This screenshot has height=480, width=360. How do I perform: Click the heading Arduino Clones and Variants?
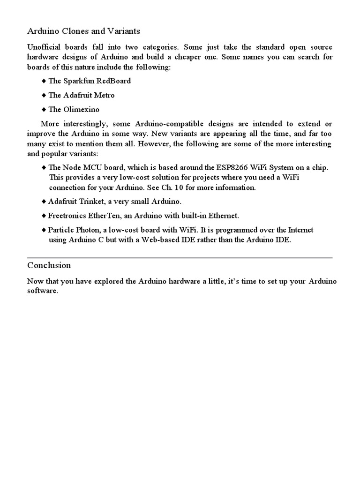[83, 31]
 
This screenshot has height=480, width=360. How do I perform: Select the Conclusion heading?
[49, 265]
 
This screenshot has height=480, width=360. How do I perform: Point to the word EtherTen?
[106, 216]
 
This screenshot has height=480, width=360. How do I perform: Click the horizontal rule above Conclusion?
[180, 257]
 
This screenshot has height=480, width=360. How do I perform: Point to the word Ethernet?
[223, 216]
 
